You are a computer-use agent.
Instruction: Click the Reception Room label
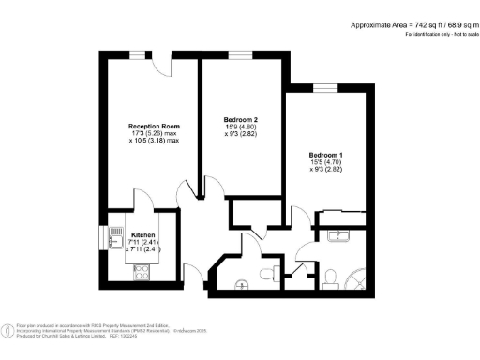click(x=154, y=126)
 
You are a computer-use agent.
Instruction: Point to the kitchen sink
click(x=117, y=232)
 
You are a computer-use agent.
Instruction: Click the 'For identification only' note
click(x=441, y=34)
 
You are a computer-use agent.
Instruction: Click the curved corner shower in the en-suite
click(x=359, y=278)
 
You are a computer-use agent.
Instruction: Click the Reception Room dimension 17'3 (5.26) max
click(x=154, y=136)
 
